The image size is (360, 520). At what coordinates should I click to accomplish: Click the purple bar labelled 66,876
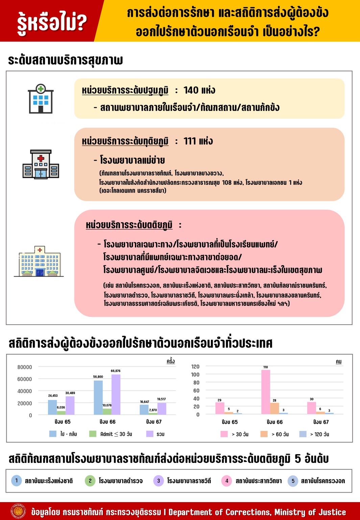(x=116, y=394)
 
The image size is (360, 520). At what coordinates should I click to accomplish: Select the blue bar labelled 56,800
(x=98, y=397)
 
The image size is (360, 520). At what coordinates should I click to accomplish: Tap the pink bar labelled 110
(x=266, y=392)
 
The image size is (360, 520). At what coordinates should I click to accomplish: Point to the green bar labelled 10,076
(x=107, y=412)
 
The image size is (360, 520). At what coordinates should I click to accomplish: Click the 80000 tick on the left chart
(x=25, y=367)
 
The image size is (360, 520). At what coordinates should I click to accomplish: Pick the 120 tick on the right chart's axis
(x=195, y=367)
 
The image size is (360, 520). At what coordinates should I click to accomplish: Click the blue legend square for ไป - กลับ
(x=53, y=434)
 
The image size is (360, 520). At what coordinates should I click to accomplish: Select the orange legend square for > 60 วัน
(x=264, y=434)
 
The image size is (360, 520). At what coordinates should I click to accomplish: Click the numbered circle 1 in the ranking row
(x=16, y=480)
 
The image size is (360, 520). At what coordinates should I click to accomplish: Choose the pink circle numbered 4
(x=226, y=481)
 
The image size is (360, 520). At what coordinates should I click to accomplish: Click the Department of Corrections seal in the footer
(x=18, y=511)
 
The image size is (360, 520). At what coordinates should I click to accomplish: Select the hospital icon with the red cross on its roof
(x=41, y=164)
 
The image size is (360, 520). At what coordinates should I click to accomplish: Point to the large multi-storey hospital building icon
(x=40, y=262)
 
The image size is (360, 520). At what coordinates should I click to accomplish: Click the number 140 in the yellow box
(x=191, y=90)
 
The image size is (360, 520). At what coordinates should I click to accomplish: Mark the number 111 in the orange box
(x=190, y=141)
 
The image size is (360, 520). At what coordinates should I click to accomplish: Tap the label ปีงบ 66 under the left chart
(x=107, y=422)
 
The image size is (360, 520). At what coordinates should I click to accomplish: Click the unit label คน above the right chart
(x=338, y=362)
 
